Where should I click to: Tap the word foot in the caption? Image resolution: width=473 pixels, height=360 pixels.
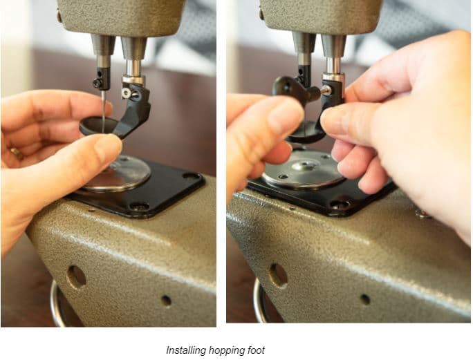[x=256, y=350]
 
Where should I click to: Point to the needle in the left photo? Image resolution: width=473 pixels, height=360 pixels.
[x=104, y=110]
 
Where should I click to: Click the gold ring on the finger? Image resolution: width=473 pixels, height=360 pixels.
[x=17, y=153]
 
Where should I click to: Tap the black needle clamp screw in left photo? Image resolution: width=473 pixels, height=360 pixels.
[x=97, y=83]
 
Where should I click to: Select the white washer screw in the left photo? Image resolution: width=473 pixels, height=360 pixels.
[x=127, y=93]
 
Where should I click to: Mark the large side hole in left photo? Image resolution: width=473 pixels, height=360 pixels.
[x=76, y=276]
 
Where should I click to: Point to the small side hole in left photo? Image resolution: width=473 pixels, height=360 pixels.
[x=166, y=301]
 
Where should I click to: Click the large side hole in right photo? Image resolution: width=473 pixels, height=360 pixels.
[x=278, y=275]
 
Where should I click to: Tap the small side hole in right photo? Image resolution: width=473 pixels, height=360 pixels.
[x=365, y=299]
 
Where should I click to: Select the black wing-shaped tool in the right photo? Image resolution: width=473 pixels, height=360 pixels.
[x=294, y=90]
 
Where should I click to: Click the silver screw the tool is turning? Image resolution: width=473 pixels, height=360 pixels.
[x=326, y=90]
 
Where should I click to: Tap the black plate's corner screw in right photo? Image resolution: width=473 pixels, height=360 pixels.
[x=340, y=205]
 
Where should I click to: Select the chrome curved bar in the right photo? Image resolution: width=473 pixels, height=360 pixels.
[x=259, y=301]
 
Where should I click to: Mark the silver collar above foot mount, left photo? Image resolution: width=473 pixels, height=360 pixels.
[x=133, y=80]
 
